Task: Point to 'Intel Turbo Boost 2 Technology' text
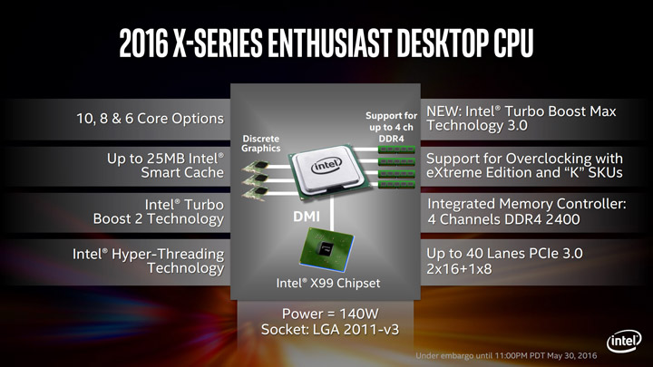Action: (x=158, y=211)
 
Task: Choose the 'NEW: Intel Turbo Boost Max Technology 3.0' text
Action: (x=521, y=117)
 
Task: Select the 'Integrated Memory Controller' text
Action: (x=526, y=211)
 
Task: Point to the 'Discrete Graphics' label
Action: (x=261, y=143)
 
